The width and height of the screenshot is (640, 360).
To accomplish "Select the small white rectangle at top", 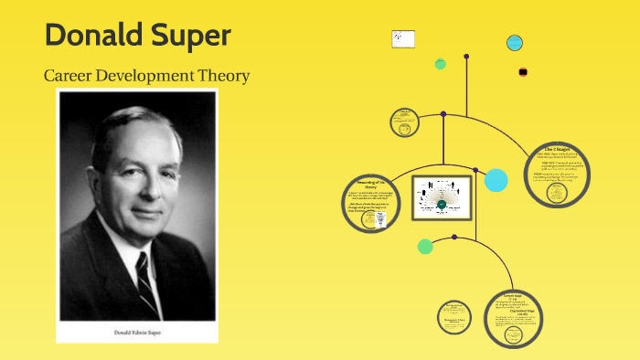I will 403,39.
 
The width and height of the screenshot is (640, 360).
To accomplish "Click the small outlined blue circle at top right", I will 515,42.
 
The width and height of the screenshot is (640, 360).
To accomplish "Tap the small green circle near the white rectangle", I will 441,64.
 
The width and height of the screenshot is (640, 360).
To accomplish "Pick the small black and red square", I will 523,71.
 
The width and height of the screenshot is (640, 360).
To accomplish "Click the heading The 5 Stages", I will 557,147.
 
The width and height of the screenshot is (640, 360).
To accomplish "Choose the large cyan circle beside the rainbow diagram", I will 496,180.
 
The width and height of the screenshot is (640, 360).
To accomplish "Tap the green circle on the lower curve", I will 425,246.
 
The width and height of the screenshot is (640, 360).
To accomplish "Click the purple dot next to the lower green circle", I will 455,239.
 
